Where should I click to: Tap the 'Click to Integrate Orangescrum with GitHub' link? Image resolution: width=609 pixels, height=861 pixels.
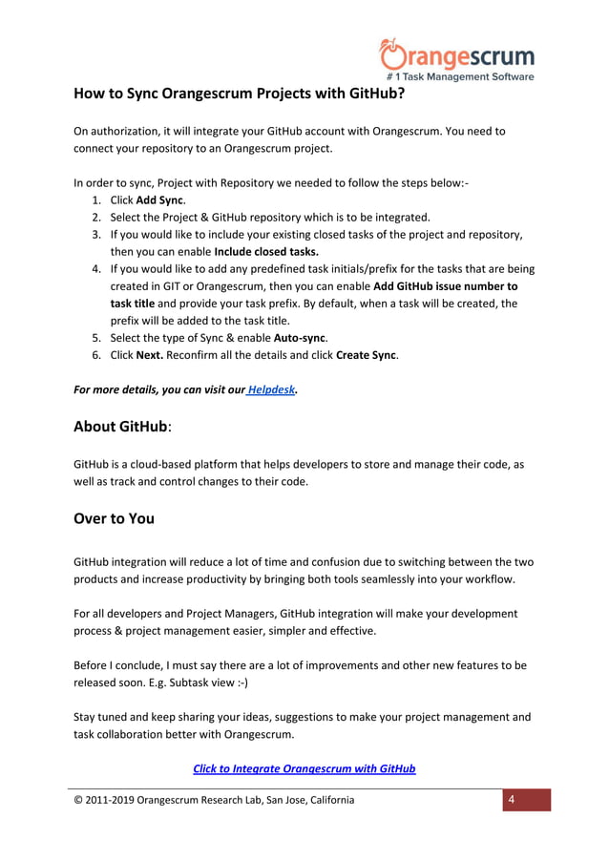tap(304, 768)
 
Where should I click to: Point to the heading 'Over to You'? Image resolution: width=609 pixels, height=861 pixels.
tap(114, 519)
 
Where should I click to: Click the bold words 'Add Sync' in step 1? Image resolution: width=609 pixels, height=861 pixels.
tap(158, 199)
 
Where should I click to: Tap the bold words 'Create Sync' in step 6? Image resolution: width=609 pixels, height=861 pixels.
tap(367, 355)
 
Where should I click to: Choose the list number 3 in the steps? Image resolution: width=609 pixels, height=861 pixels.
tap(96, 235)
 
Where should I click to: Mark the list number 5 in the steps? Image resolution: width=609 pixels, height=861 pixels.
tap(96, 338)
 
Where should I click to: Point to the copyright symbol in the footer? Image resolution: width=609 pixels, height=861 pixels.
tap(78, 800)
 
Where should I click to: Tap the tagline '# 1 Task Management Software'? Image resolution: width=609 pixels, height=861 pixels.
tap(459, 76)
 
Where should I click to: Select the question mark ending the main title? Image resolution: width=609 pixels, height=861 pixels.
tap(400, 95)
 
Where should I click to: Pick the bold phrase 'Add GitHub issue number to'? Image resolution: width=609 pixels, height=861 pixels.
tap(446, 286)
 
